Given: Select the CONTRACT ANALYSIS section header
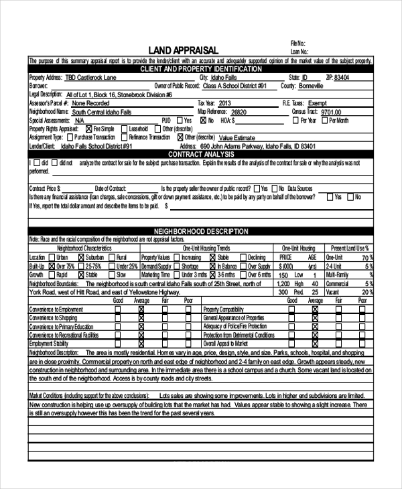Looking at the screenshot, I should click(x=200, y=154).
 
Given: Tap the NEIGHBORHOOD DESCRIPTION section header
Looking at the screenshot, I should click(x=200, y=231).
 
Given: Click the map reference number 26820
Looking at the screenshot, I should click(x=238, y=112).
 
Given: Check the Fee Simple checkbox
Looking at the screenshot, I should click(x=89, y=129).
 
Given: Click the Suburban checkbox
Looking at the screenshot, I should click(x=81, y=257).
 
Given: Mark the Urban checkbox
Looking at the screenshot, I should click(x=51, y=257).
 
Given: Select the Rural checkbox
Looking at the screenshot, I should click(x=112, y=257).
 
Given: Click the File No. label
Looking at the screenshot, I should click(x=298, y=43).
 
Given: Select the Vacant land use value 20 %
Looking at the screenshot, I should click(x=366, y=292).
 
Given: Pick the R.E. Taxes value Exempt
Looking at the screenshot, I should click(x=318, y=103).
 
